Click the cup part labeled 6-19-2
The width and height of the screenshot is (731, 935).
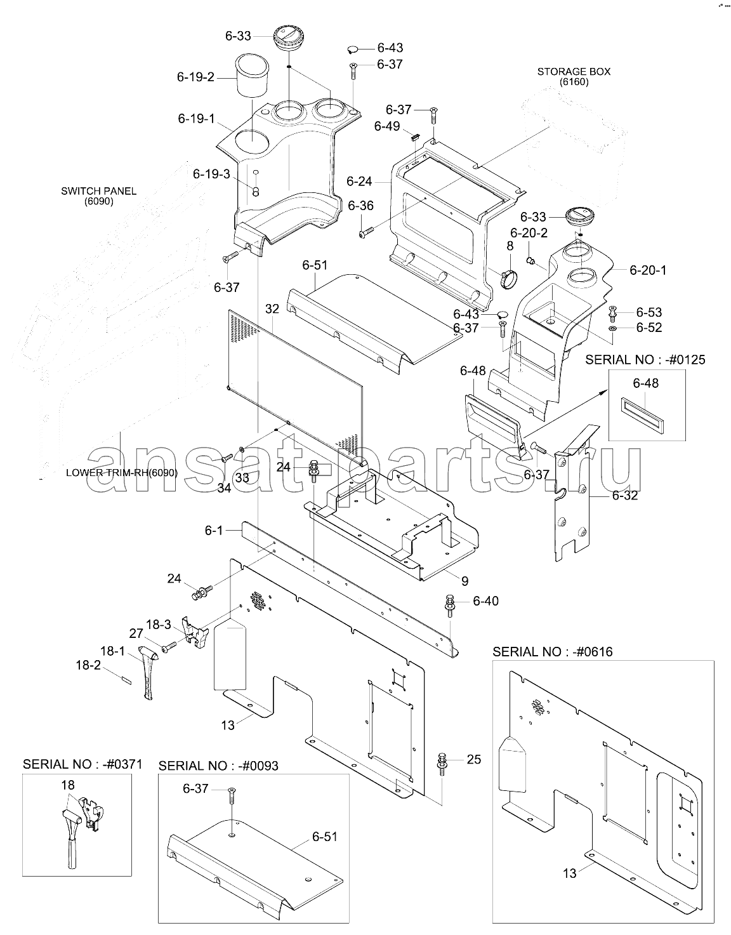253,76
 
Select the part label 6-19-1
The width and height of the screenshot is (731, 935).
196,118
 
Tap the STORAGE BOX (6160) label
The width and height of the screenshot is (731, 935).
574,77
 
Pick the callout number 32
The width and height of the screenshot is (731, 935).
272,309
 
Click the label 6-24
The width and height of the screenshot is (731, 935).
359,182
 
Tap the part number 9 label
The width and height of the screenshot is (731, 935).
464,580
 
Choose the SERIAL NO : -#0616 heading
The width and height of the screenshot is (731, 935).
552,652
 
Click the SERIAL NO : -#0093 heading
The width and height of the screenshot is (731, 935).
218,766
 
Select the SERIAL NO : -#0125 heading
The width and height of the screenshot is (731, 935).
645,359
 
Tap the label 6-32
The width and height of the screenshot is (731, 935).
625,495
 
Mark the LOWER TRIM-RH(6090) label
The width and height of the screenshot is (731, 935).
121,473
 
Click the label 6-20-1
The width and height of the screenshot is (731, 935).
648,270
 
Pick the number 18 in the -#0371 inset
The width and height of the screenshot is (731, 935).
68,785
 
